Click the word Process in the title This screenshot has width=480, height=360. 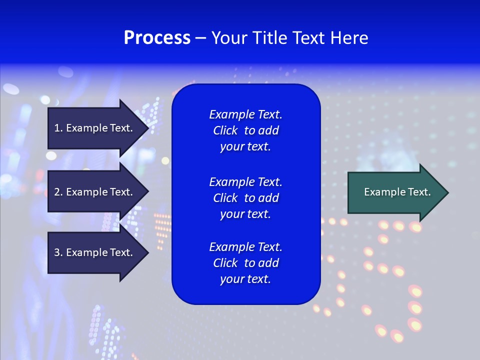point(157,38)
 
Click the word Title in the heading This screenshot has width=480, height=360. point(269,38)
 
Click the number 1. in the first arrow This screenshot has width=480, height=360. point(58,128)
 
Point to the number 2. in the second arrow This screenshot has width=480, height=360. point(58,192)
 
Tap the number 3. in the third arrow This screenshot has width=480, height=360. point(58,252)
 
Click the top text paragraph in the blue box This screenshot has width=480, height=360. point(245,130)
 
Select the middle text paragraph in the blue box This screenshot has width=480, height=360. point(245,198)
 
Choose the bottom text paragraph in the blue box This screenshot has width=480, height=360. point(245,263)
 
